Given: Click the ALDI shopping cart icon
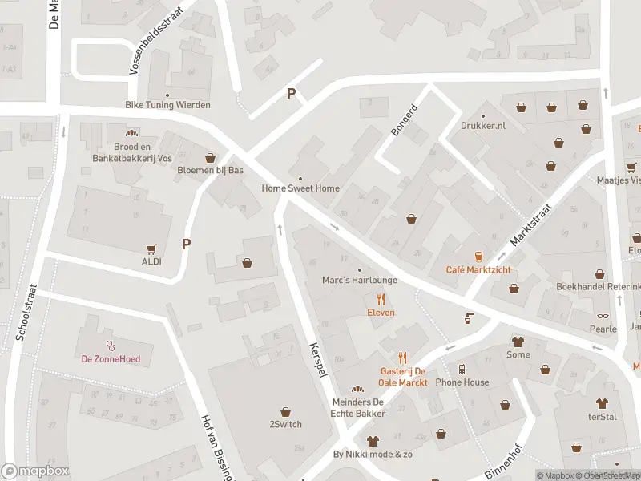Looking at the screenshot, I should (x=151, y=249).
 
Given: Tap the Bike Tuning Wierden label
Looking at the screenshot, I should (x=167, y=105).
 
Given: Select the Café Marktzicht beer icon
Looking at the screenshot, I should (x=478, y=257).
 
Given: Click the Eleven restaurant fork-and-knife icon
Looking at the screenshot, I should (x=381, y=300).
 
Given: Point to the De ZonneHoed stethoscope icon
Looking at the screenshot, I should (x=110, y=346).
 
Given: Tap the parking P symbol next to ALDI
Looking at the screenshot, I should (x=187, y=245).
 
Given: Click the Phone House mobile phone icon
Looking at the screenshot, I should (x=462, y=370).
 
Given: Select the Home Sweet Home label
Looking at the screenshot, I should (x=300, y=188).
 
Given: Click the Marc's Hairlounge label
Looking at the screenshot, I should (x=359, y=281).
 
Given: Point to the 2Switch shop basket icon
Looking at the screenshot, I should (x=285, y=411).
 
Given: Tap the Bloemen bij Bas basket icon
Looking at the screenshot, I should (x=211, y=158).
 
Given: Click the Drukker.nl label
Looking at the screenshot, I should (x=483, y=126).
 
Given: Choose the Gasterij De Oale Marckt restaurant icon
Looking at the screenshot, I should (x=403, y=358).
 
